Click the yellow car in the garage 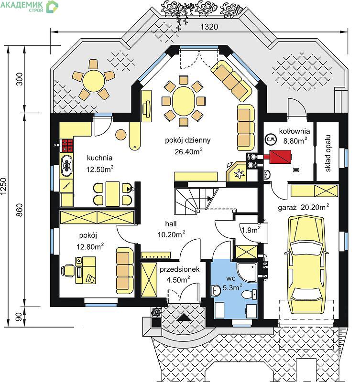click(x=306, y=265)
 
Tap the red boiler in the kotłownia click(x=280, y=157)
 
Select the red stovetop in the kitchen click(x=67, y=145)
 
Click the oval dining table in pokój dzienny click(x=184, y=101)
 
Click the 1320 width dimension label click(x=209, y=27)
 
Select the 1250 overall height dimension click(x=3, y=186)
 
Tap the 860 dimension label click(x=20, y=210)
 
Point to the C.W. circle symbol click(x=271, y=139)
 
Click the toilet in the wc click(x=249, y=294)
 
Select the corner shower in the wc click(x=247, y=272)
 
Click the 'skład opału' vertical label click(x=328, y=153)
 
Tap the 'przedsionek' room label click(x=179, y=269)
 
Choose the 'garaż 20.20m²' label click(x=304, y=207)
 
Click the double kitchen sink click(x=66, y=166)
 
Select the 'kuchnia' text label click(x=99, y=158)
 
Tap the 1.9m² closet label click(x=251, y=230)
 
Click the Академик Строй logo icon click(x=53, y=7)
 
